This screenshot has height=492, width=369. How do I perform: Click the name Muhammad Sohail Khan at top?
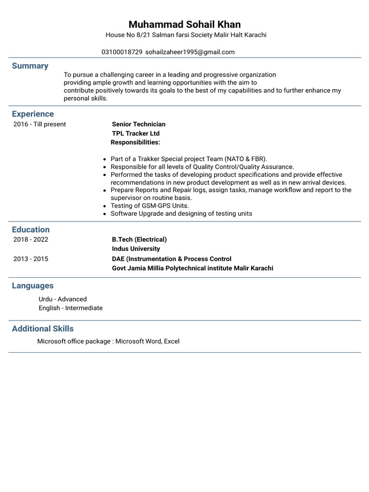184,25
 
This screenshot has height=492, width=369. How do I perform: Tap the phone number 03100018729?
122,52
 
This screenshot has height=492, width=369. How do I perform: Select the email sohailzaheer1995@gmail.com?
190,52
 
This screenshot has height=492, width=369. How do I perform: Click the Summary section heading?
30,66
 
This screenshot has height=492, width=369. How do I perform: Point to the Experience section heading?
33,114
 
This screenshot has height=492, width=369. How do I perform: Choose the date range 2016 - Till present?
39,124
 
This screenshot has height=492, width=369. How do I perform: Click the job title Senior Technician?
138,124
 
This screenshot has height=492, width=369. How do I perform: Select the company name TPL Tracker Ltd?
135,133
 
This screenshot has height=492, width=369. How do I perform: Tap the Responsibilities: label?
135,142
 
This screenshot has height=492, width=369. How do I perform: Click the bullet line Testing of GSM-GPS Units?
149,206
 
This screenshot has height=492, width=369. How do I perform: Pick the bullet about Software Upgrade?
181,213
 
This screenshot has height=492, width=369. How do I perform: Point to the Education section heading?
31,230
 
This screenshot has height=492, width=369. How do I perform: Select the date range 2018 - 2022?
31,239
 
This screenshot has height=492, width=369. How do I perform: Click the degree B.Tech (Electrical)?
139,239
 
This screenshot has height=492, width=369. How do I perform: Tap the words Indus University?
136,249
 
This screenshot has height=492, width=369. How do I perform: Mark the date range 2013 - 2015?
31,258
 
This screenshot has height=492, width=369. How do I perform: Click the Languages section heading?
33,285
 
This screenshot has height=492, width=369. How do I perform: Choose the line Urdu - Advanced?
62,299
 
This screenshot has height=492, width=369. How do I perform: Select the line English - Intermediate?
70,308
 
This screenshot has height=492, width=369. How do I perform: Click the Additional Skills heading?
43,329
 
